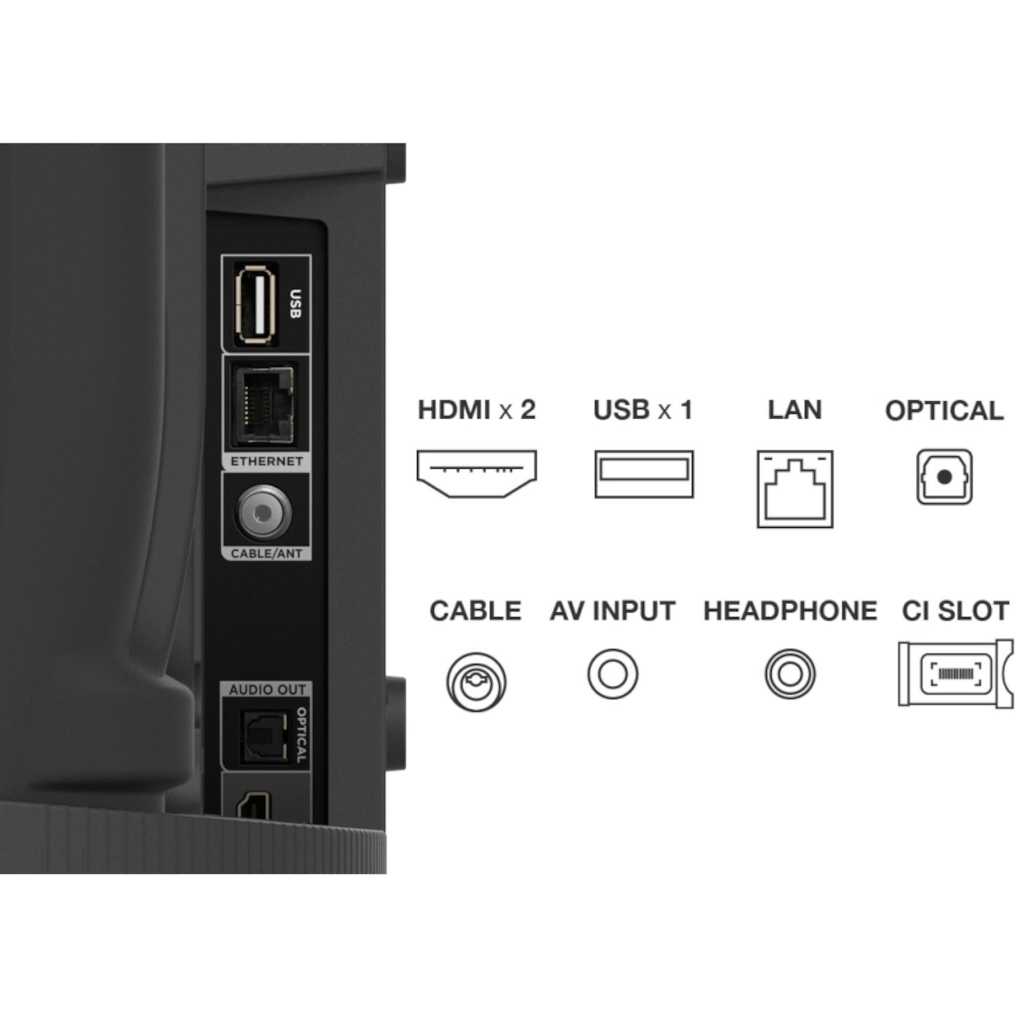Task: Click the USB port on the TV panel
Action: [256, 303]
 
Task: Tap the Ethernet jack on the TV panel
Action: [263, 405]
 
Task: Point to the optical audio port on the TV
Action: [263, 736]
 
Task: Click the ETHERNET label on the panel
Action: [266, 461]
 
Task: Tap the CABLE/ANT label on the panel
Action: [266, 553]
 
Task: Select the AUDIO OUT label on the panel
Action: [267, 690]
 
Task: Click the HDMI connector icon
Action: [477, 474]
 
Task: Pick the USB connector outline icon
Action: [644, 474]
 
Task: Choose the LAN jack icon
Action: [795, 489]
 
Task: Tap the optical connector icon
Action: [944, 477]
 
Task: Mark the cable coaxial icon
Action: [476, 681]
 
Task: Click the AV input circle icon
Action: [612, 674]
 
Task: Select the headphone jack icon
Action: [790, 674]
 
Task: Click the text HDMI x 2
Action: [477, 410]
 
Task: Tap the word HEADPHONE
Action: [790, 611]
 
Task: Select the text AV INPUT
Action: [612, 611]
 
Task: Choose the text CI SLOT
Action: [955, 611]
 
